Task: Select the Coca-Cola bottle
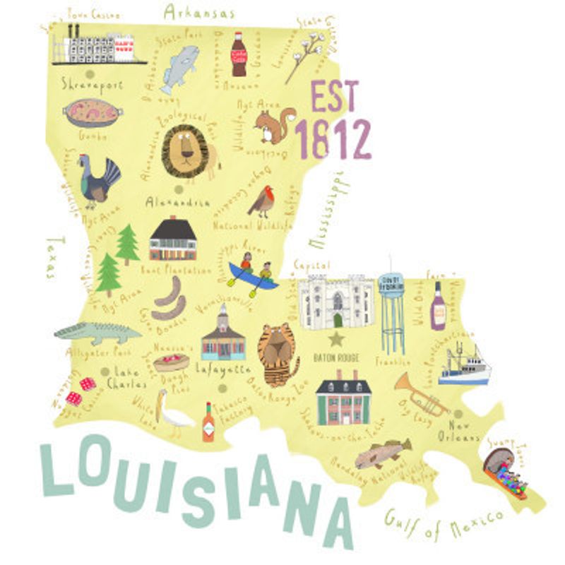(x=239, y=54)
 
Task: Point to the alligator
(x=97, y=332)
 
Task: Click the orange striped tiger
(x=278, y=354)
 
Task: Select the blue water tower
(x=391, y=311)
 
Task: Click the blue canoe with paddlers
(x=252, y=275)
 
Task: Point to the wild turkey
(x=98, y=181)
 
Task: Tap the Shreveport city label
(x=92, y=85)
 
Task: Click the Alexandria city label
(x=177, y=202)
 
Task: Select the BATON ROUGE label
(x=336, y=358)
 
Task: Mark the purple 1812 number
(x=332, y=140)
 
